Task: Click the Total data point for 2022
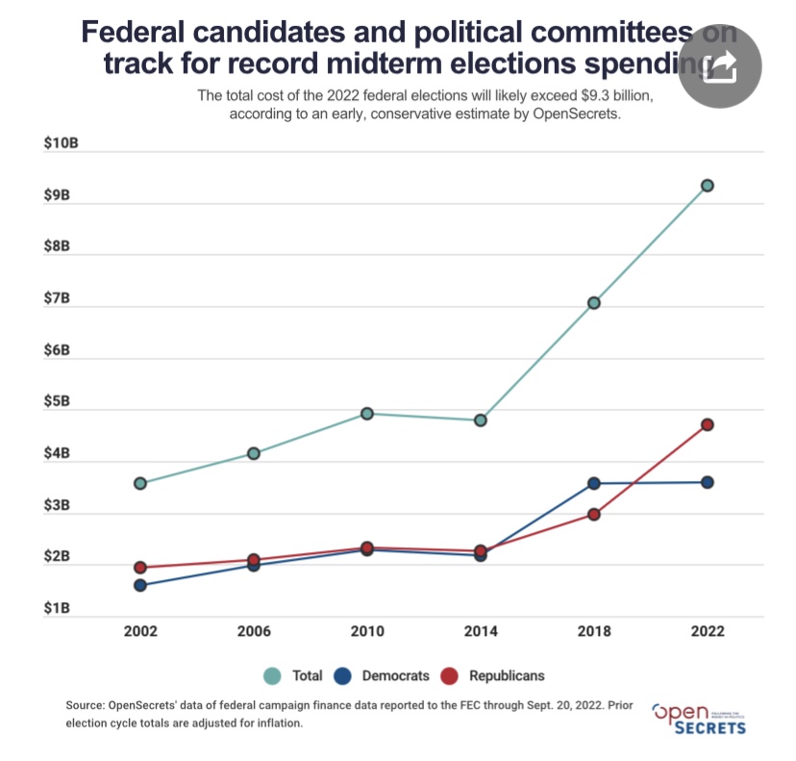tap(707, 186)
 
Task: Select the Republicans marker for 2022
tap(707, 424)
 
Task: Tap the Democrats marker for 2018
tap(594, 483)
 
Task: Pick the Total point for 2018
tap(594, 303)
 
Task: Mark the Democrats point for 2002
tap(140, 585)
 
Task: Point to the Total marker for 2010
tap(367, 414)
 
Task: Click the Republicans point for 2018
tap(594, 515)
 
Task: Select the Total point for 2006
tap(254, 453)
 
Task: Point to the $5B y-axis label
tap(59, 401)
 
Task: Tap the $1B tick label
tap(59, 608)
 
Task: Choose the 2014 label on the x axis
tap(481, 632)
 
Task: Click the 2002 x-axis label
tap(140, 632)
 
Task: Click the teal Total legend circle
tap(272, 676)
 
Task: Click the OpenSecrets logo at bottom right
tap(699, 718)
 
